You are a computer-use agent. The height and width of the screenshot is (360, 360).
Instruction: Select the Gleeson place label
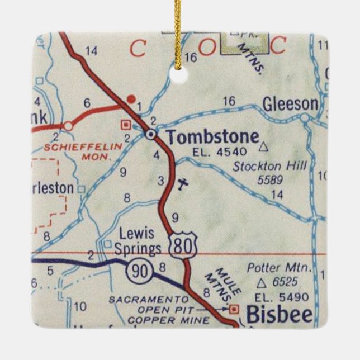pyautogui.click(x=291, y=105)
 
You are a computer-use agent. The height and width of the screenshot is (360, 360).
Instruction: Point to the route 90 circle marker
pyautogui.click(x=137, y=272)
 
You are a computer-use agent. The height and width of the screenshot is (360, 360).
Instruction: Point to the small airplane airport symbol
pyautogui.click(x=182, y=183)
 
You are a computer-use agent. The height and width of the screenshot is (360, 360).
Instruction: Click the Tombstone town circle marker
pyautogui.click(x=151, y=134)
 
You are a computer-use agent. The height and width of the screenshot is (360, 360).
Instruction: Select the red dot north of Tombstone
pyautogui.click(x=131, y=99)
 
